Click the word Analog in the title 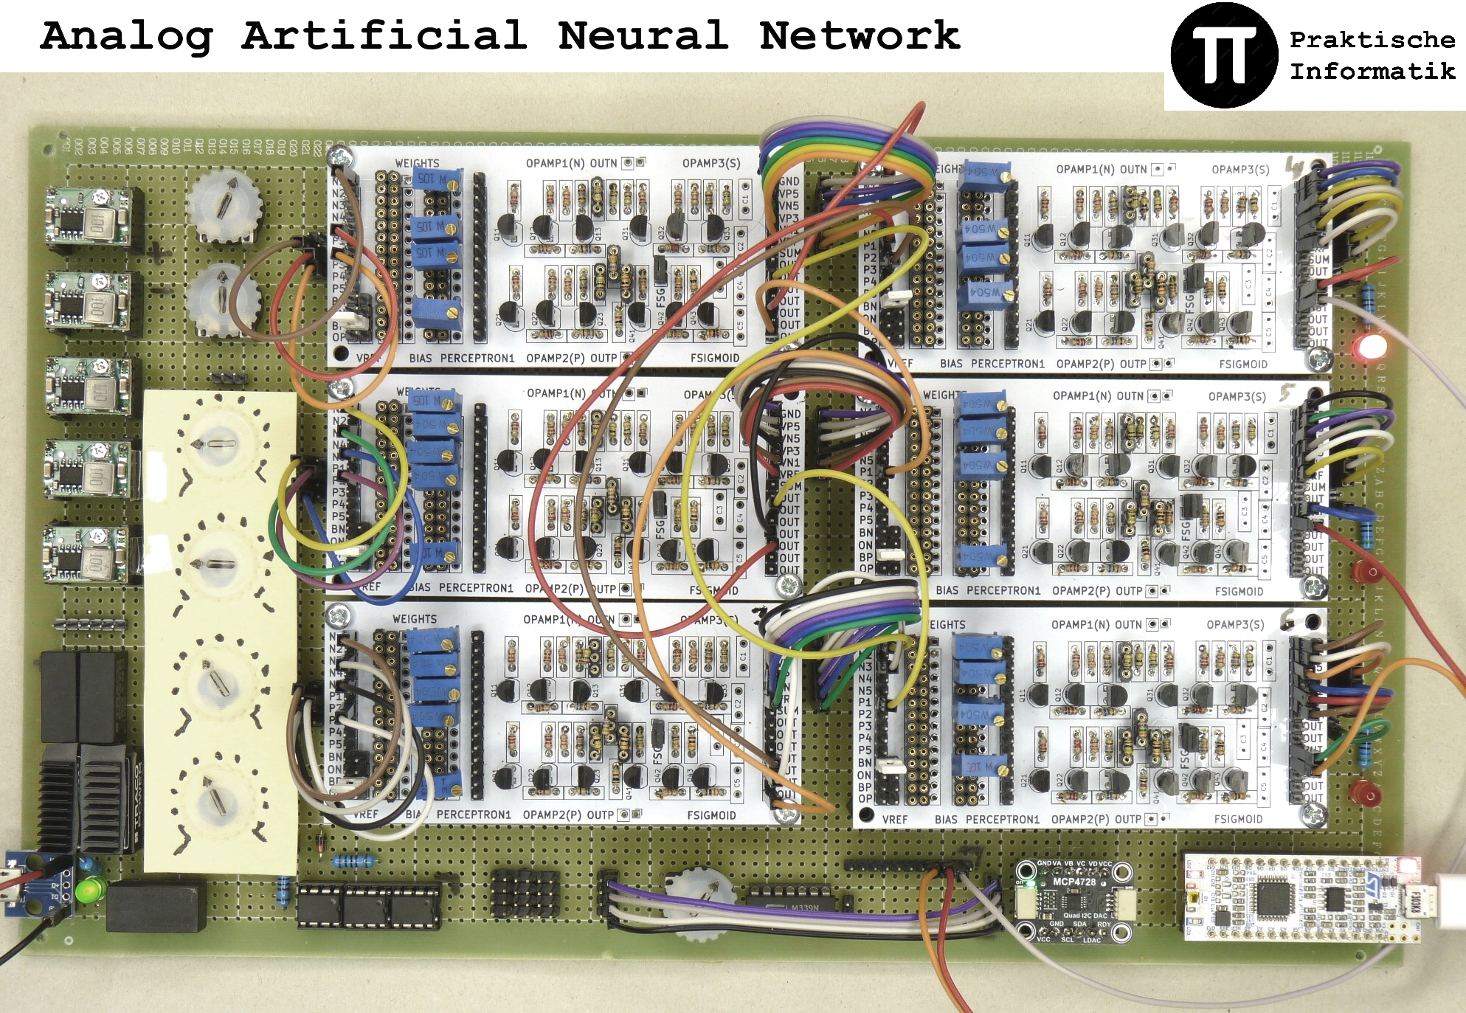pos(126,36)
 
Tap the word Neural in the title pos(643,36)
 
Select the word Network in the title pos(860,36)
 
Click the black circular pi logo pos(1224,55)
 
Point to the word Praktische pos(1372,40)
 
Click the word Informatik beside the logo pos(1372,72)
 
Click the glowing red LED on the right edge pos(1371,347)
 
